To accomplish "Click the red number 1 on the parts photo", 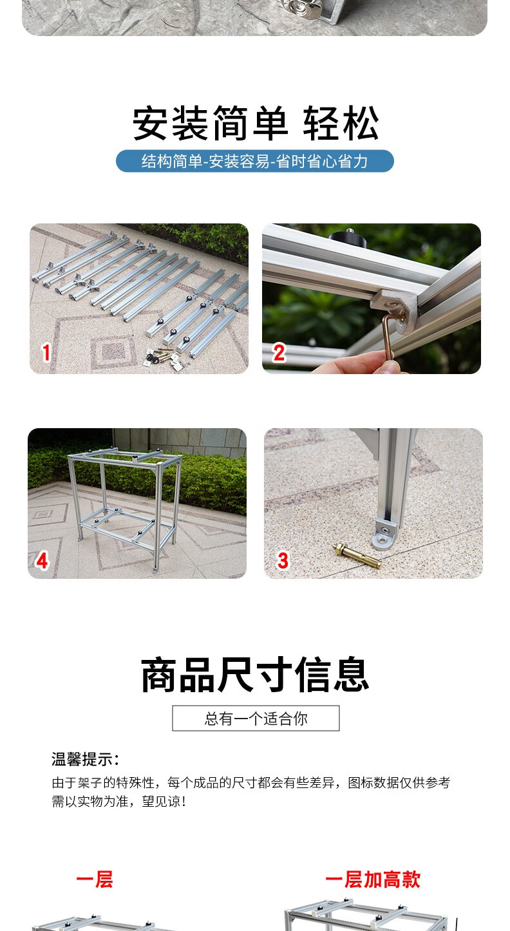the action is [46, 353].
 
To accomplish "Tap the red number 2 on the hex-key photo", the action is [279, 353].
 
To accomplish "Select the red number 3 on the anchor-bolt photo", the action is [283, 560].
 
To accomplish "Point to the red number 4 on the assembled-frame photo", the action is [42, 560].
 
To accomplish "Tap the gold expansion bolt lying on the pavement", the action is [357, 556].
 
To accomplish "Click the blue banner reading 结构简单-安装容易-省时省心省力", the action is [255, 161].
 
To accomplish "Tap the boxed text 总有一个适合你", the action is [256, 718].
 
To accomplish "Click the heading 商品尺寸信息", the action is [255, 675].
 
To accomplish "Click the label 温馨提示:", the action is [85, 759].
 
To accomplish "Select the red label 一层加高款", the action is [373, 880].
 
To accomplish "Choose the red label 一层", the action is [95, 880].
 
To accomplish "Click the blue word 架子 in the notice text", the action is [90, 783].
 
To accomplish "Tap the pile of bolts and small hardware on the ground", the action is [164, 357].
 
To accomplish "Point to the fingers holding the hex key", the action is [362, 363].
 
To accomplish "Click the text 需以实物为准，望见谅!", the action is [119, 802].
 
